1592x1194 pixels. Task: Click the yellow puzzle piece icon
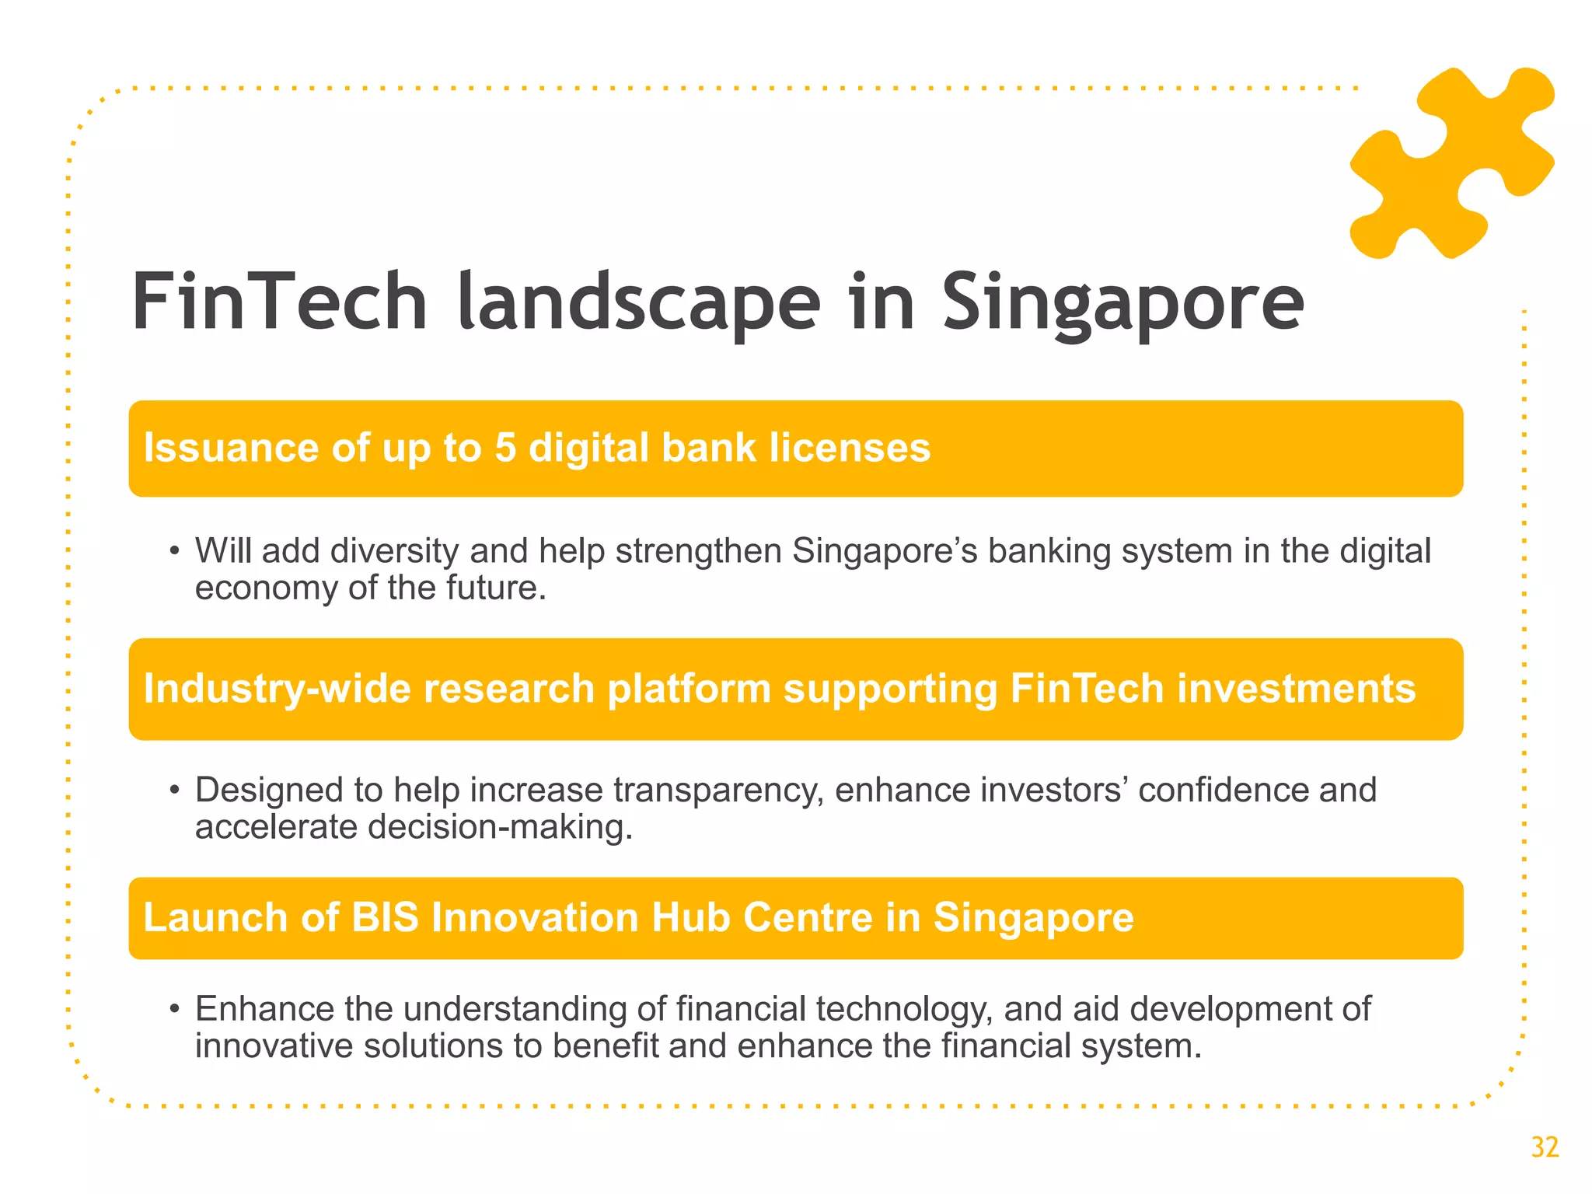[1452, 163]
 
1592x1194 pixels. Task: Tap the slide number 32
[1545, 1147]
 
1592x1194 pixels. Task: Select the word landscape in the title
[639, 303]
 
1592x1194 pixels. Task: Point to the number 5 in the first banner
[505, 449]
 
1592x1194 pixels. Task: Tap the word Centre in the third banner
[808, 918]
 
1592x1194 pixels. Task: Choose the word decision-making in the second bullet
[500, 827]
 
